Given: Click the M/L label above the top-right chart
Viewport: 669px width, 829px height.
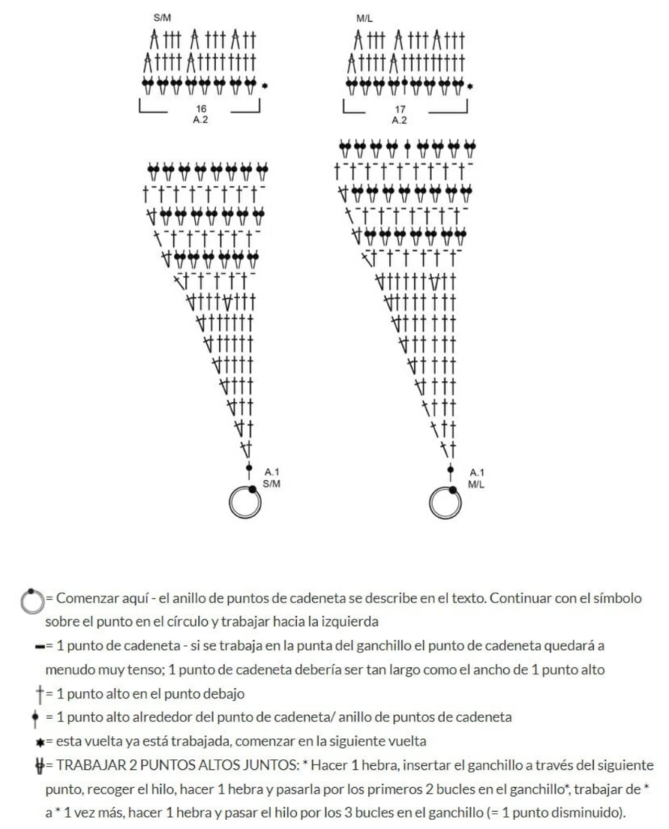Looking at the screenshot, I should click(x=362, y=17).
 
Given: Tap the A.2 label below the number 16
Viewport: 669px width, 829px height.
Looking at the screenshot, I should click(x=199, y=120).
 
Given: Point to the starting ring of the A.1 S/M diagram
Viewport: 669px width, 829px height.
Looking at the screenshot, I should click(x=244, y=503).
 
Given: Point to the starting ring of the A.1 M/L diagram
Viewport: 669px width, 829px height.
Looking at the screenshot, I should click(x=446, y=503).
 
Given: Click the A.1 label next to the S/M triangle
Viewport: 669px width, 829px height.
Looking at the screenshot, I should click(x=273, y=471).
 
